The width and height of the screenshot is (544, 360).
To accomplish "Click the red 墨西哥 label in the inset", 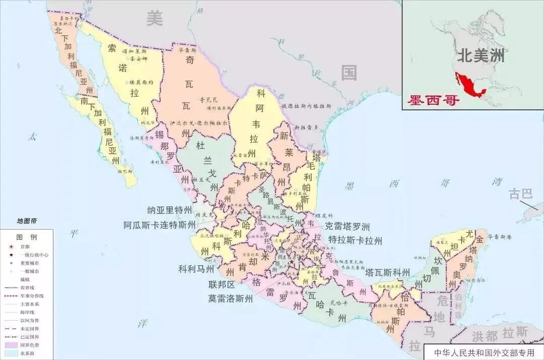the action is pyautogui.click(x=434, y=100).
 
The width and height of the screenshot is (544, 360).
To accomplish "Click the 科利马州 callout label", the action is pyautogui.click(x=197, y=269).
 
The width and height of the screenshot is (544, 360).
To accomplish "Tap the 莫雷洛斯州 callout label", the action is pyautogui.click(x=231, y=298).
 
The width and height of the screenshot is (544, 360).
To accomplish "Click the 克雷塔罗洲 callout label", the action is pyautogui.click(x=348, y=227).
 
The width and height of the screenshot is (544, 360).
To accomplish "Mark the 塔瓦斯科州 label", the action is pyautogui.click(x=387, y=272).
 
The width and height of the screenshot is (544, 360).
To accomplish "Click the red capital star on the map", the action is pyautogui.click(x=291, y=261).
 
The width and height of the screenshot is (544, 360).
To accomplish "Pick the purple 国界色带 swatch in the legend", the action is pyautogui.click(x=11, y=345).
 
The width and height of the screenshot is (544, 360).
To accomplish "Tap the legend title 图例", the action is pyautogui.click(x=26, y=237).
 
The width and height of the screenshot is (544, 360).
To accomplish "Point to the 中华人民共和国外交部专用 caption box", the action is pyautogui.click(x=484, y=352).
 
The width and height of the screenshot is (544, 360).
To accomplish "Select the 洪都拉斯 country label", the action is pyautogui.click(x=499, y=334).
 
